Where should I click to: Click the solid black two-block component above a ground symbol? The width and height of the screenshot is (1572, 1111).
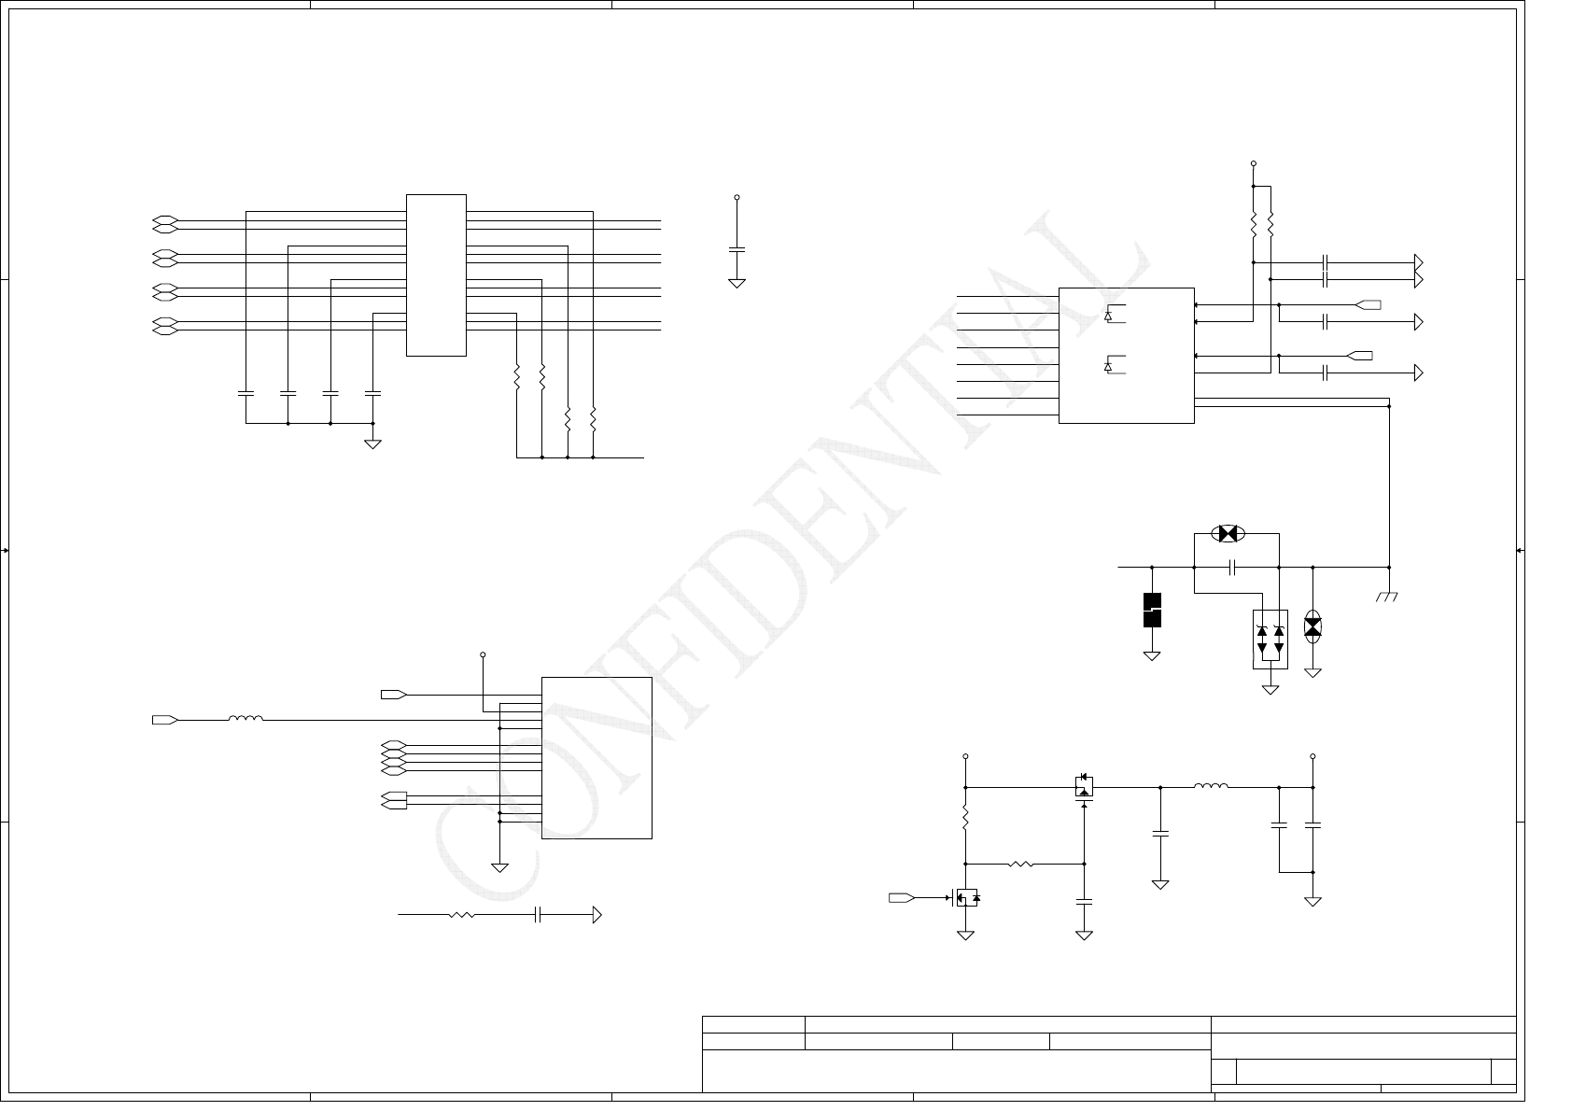tap(1152, 610)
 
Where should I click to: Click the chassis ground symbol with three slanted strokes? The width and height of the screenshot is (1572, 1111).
tap(1387, 596)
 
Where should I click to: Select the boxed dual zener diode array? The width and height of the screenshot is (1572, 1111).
tap(1270, 639)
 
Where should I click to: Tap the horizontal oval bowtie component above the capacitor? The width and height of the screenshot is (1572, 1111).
tap(1228, 534)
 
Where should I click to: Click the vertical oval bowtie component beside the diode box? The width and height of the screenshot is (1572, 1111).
tap(1312, 626)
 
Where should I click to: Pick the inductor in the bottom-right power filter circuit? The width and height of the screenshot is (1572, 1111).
tap(1211, 787)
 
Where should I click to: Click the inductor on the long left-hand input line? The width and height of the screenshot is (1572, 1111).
tap(246, 719)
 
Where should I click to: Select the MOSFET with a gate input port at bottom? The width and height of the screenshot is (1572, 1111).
tap(965, 898)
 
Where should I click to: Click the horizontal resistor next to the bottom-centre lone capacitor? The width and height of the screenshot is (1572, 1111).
tap(461, 915)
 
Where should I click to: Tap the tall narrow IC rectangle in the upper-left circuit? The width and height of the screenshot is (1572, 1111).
tap(436, 274)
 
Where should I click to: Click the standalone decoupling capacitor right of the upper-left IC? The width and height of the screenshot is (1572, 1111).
tap(737, 249)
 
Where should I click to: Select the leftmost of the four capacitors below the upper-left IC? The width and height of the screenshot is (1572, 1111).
tap(246, 393)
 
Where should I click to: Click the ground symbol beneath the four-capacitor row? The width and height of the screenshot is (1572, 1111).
tap(372, 443)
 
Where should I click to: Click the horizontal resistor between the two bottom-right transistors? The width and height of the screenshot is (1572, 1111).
tap(1020, 865)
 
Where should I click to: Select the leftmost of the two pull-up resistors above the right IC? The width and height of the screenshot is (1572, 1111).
tap(1253, 224)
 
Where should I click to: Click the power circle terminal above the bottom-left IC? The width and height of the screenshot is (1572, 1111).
tap(483, 654)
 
